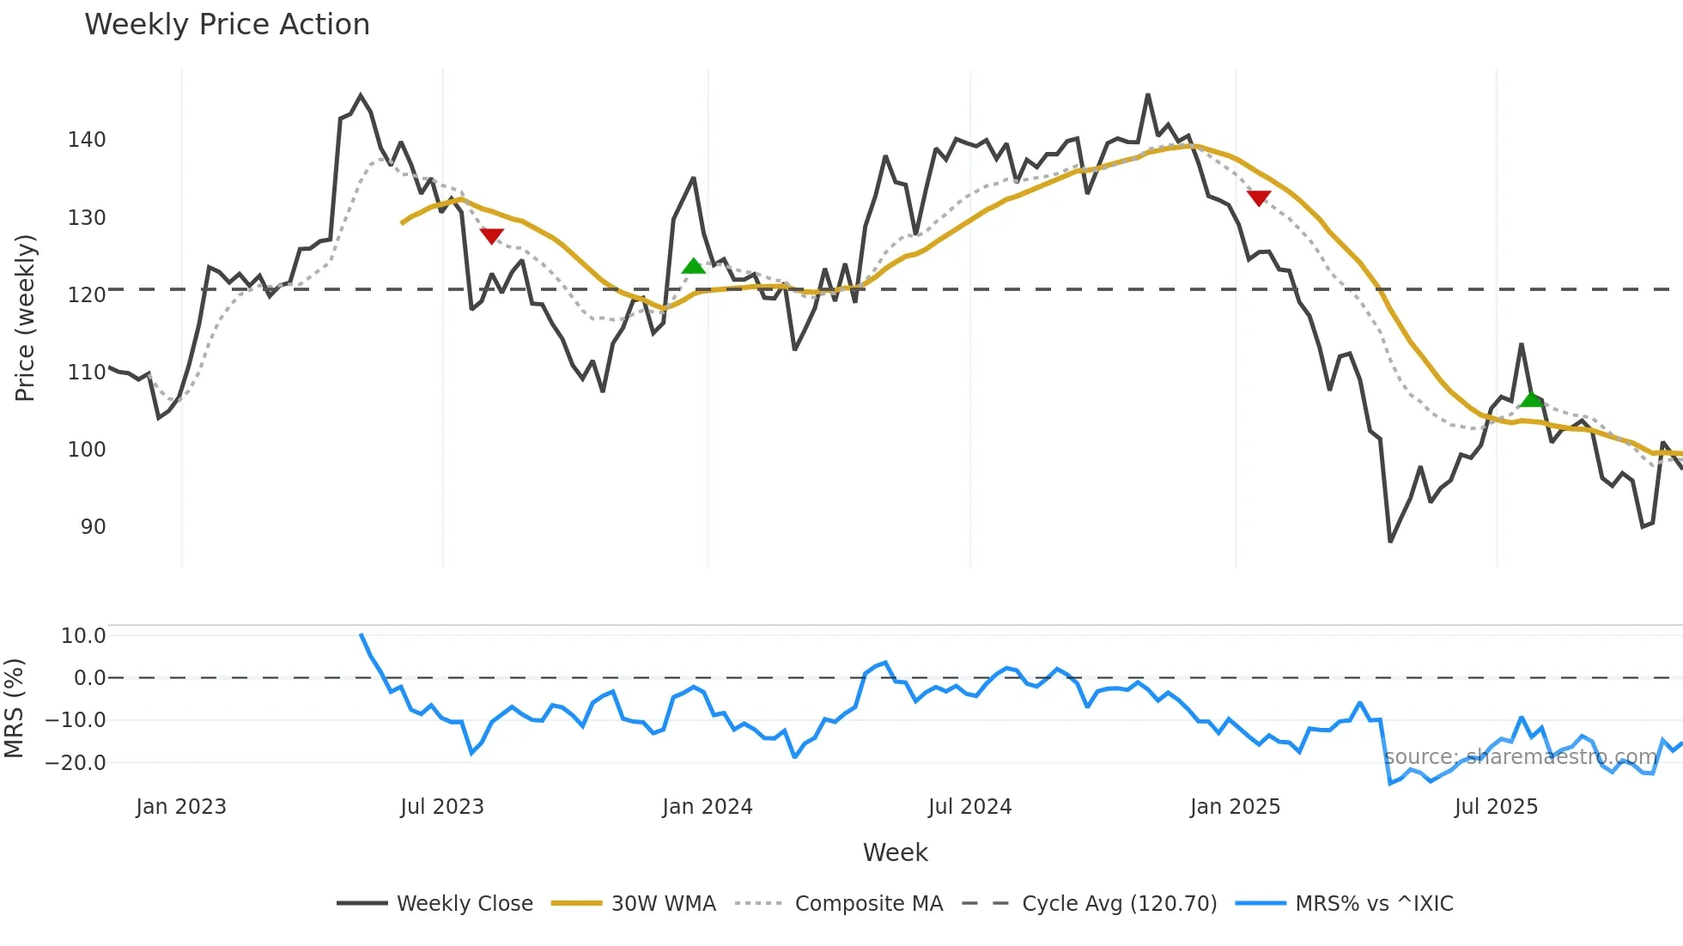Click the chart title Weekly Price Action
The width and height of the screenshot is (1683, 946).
[x=227, y=25]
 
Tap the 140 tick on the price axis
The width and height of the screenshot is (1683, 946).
[x=87, y=140]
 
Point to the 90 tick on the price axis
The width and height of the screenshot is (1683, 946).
[x=93, y=527]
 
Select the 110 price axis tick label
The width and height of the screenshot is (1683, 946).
[x=87, y=373]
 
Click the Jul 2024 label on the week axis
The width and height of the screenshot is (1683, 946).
[x=969, y=807]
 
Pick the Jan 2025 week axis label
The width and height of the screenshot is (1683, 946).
[x=1235, y=807]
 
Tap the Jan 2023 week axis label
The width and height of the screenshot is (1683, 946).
[x=181, y=807]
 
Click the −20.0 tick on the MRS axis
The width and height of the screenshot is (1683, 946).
[x=76, y=762]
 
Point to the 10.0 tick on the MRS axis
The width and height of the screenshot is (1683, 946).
[x=83, y=636]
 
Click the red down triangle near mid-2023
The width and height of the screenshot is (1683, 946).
[x=491, y=235]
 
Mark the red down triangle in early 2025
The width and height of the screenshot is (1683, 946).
[x=1258, y=197]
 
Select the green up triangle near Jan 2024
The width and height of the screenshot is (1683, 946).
[x=693, y=266]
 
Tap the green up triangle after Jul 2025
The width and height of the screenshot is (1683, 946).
[x=1531, y=399]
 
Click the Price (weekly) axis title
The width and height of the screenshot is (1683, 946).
[x=25, y=318]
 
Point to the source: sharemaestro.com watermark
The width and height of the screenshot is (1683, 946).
[x=1520, y=757]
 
